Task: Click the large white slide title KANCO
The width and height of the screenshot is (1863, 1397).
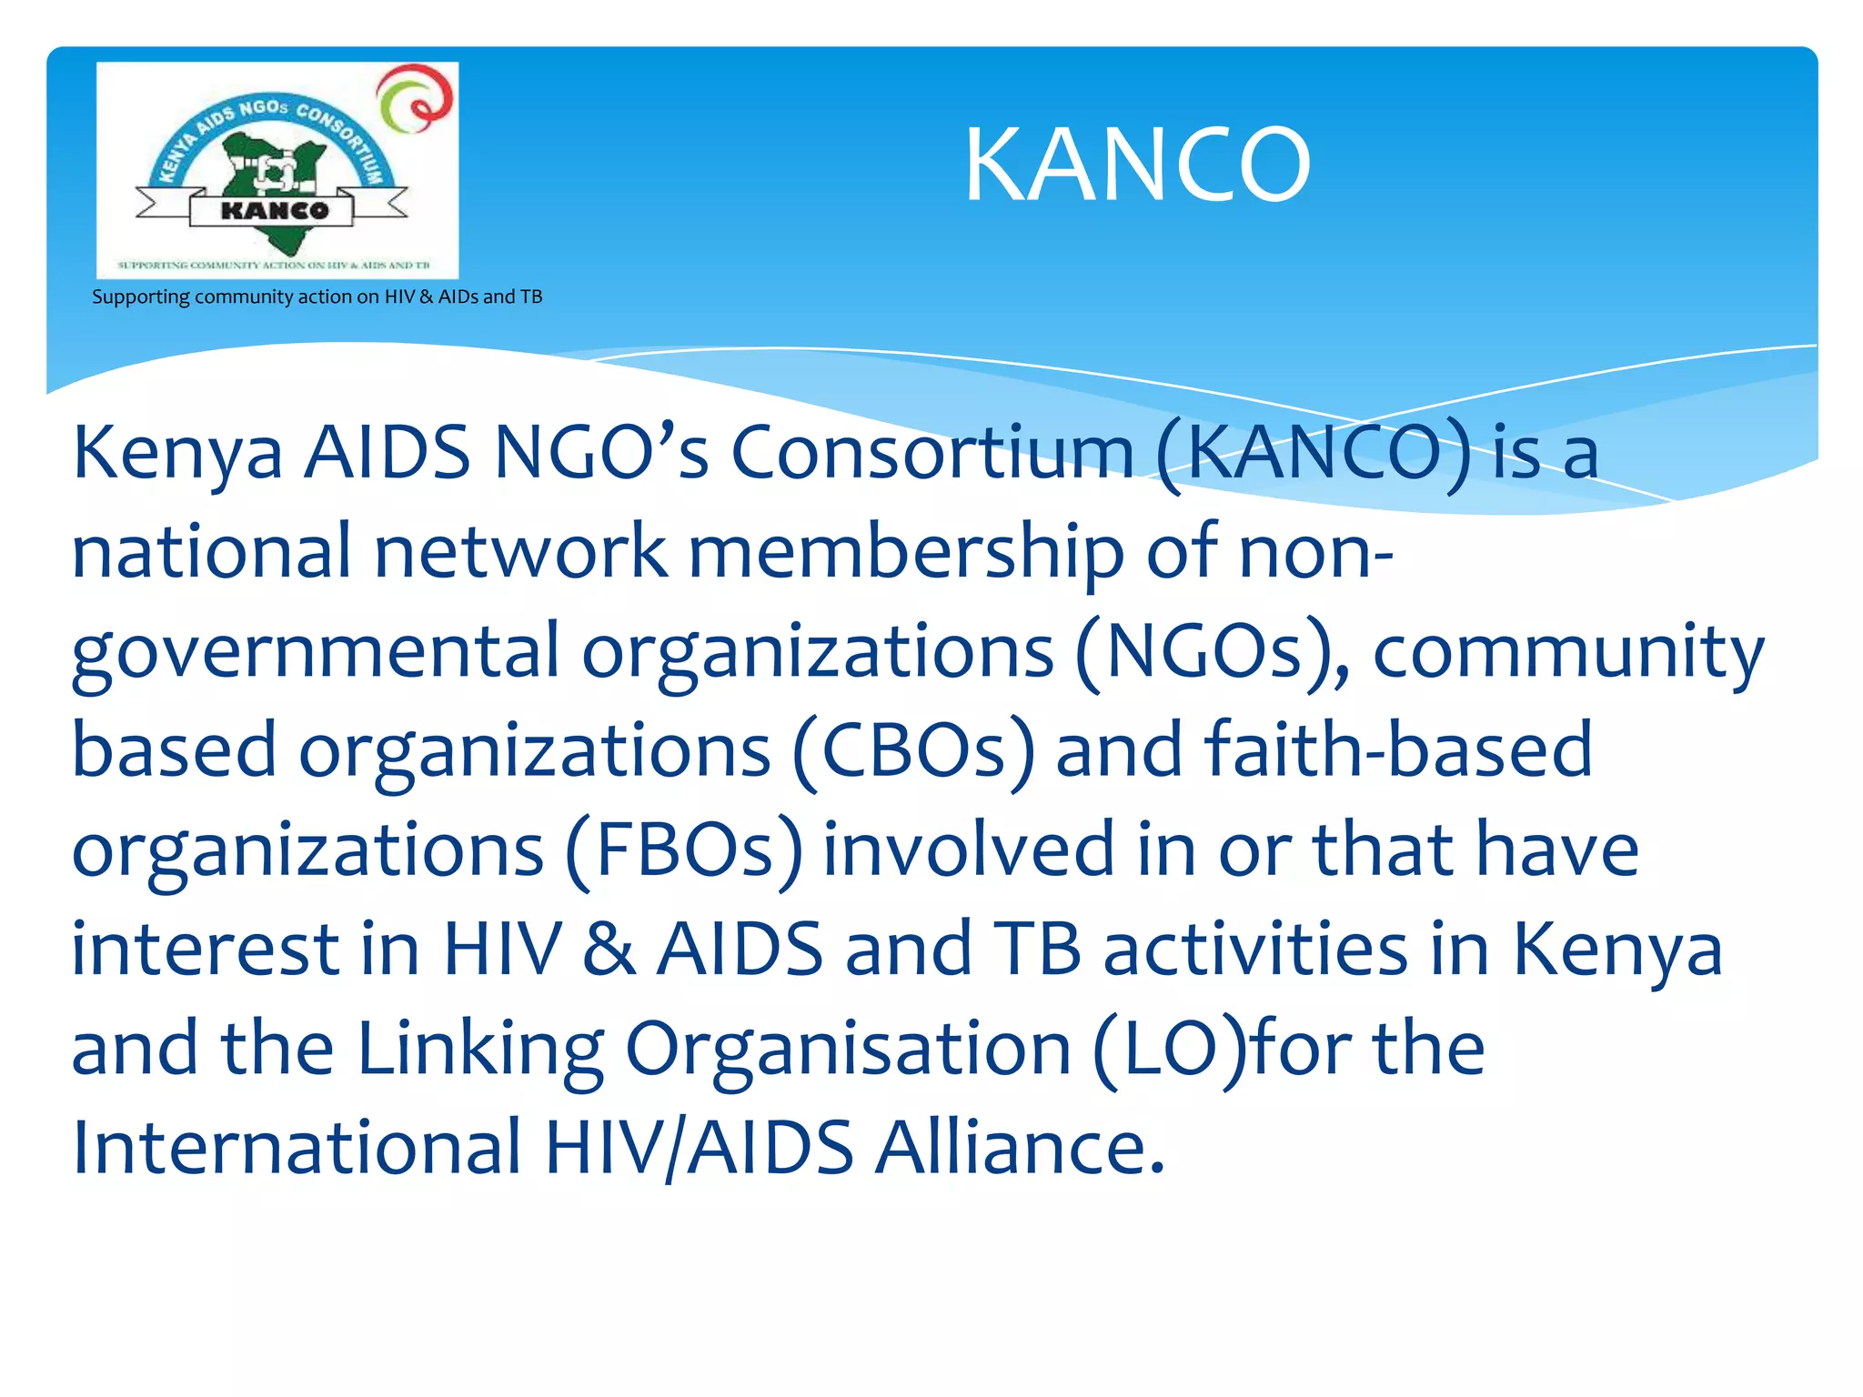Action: [1137, 166]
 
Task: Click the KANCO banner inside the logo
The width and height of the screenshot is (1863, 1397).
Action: [274, 211]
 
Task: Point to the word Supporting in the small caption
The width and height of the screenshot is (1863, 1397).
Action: [141, 297]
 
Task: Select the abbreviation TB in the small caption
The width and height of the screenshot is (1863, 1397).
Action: [531, 297]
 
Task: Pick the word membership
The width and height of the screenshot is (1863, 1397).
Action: [906, 553]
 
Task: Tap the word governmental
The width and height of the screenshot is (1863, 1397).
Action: [315, 653]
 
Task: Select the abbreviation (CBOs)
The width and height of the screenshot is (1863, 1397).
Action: [913, 751]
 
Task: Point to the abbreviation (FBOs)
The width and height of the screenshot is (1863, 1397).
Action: [684, 850]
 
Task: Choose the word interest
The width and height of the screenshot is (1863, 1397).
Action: [205, 949]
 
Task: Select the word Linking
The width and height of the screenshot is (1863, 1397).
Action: [480, 1049]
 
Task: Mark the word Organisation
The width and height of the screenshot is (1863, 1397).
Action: [848, 1049]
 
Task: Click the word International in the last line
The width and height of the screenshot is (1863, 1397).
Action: [296, 1147]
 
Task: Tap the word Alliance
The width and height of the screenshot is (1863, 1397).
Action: [1019, 1147]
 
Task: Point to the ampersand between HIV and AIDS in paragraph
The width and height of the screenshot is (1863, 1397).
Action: [609, 950]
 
